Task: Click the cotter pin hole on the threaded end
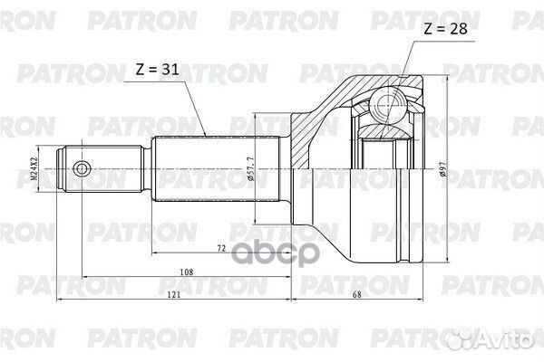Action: [83, 168]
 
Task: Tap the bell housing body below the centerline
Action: [363, 217]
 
